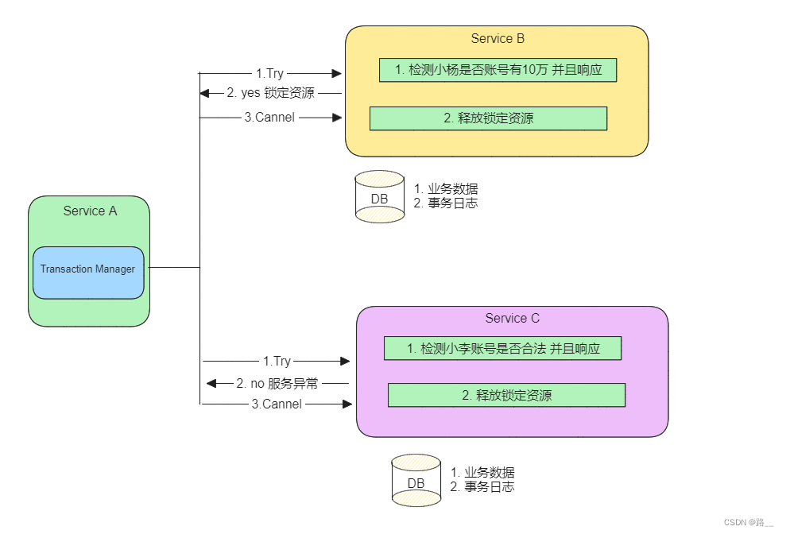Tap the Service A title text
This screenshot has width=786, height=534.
90,211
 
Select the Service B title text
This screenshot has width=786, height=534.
498,38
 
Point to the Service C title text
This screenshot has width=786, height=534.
512,318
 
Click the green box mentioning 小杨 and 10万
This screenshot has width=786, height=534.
498,70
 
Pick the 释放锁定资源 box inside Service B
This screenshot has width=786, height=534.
488,118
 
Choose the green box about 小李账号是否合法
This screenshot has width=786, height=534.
502,348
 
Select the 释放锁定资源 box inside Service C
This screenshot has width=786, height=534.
506,395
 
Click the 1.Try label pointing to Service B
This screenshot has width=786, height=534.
271,73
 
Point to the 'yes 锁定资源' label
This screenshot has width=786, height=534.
270,93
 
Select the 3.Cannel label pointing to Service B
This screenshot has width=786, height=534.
269,118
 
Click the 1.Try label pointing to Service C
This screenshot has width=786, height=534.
277,362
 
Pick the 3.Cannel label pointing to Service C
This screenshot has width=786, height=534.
277,404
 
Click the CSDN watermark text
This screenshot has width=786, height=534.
748,522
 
